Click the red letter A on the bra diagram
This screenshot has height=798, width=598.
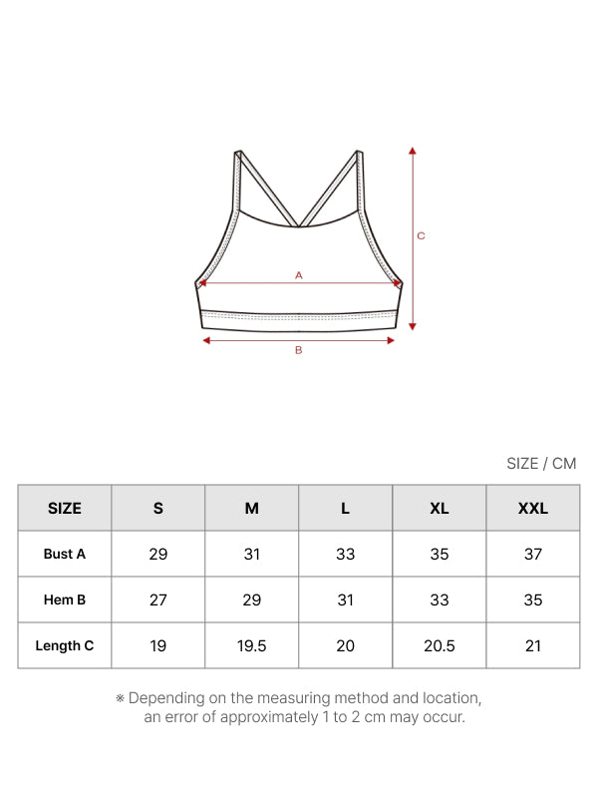[x=298, y=275]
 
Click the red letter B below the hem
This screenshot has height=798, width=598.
[x=298, y=350]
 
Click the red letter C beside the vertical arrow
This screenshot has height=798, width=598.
[x=421, y=236]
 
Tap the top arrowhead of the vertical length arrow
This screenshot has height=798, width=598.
[x=413, y=151]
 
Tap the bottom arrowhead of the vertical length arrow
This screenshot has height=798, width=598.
[x=413, y=326]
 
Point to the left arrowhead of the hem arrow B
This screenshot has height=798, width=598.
[x=206, y=340]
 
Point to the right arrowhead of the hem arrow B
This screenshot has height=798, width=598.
[x=391, y=340]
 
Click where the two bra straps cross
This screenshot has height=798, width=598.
[x=298, y=224]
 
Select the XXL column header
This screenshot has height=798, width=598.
[x=533, y=508]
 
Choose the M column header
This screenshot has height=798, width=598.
[x=252, y=508]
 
